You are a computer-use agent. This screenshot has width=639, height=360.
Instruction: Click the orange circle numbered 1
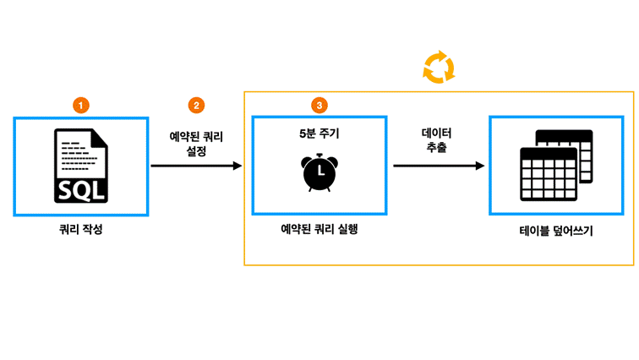click(x=80, y=106)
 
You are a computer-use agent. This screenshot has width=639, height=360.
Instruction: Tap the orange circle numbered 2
click(x=196, y=106)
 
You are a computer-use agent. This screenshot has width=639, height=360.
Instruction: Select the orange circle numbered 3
click(x=319, y=106)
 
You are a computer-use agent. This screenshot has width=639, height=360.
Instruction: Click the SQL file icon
click(x=81, y=166)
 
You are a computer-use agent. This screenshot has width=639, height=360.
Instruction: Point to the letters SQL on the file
click(x=81, y=191)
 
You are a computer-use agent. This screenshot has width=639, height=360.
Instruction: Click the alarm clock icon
click(x=319, y=172)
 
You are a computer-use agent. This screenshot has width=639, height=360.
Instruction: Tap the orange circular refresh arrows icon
click(x=439, y=68)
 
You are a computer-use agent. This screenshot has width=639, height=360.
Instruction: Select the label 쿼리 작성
click(x=80, y=229)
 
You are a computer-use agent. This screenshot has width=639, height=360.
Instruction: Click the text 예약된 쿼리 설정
click(x=196, y=144)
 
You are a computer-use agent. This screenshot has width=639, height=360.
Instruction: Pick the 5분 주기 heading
click(x=319, y=134)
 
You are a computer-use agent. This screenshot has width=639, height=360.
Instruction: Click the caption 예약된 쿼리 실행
click(x=319, y=229)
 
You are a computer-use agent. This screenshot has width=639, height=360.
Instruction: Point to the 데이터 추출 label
click(x=436, y=140)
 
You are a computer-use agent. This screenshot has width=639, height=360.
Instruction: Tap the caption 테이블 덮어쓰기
click(x=556, y=231)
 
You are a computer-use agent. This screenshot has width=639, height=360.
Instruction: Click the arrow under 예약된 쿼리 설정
click(x=196, y=166)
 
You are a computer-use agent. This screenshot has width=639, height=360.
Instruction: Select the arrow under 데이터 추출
click(x=439, y=166)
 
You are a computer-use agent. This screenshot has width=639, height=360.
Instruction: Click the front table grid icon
click(x=549, y=174)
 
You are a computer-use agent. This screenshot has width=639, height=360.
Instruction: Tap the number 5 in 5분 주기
click(x=303, y=134)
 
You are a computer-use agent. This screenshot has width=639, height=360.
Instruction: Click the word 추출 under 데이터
click(x=436, y=147)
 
